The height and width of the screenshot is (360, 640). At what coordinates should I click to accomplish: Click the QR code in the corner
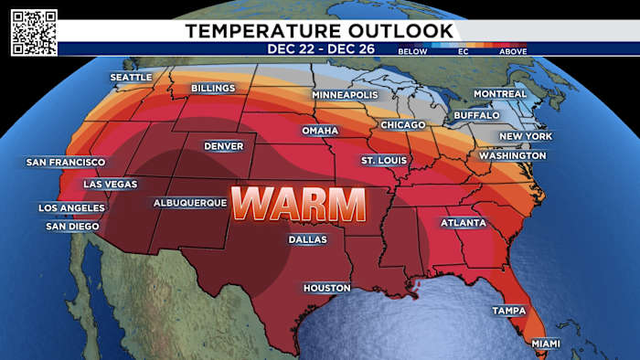(34, 33)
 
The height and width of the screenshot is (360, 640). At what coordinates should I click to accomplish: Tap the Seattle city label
(131, 78)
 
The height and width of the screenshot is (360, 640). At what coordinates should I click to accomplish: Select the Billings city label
(213, 89)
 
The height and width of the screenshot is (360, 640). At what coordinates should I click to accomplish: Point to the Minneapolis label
(345, 95)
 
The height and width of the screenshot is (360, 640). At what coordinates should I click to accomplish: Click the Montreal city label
(500, 94)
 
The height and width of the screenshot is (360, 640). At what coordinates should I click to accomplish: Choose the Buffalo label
(477, 116)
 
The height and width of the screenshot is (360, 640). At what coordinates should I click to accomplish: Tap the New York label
(526, 136)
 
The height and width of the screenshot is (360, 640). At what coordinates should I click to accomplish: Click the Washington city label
(512, 156)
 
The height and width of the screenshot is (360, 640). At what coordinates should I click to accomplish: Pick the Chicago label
(403, 124)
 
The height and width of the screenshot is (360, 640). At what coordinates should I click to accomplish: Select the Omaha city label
(320, 132)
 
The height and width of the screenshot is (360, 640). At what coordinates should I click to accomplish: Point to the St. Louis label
(383, 161)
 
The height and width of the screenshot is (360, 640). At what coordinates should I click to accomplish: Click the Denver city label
(224, 146)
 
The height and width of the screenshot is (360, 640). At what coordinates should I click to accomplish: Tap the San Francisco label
(66, 163)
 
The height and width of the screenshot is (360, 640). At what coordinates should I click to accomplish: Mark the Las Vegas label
(111, 185)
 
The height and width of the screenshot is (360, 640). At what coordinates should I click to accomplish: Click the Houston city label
(327, 288)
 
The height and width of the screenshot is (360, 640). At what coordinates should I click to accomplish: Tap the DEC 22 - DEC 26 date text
(319, 48)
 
